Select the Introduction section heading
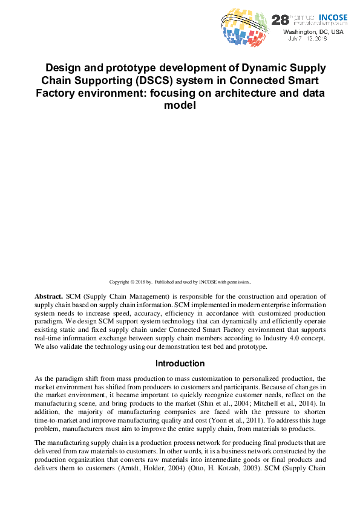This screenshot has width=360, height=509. pyautogui.click(x=180, y=363)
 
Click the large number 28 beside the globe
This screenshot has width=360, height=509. pyautogui.click(x=280, y=19)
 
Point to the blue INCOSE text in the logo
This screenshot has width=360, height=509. pyautogui.click(x=333, y=18)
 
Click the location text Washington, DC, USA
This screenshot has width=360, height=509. pyautogui.click(x=313, y=31)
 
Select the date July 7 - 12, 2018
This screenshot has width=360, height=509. pyautogui.click(x=308, y=38)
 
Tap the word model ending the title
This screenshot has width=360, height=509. pyautogui.click(x=180, y=105)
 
